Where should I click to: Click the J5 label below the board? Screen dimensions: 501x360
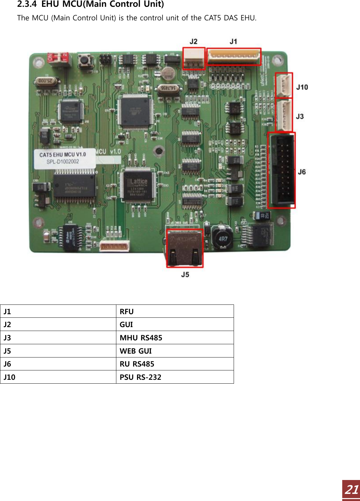click(x=185, y=275)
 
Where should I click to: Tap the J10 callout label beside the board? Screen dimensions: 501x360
click(x=302, y=87)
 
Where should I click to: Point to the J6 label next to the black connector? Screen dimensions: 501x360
click(x=302, y=172)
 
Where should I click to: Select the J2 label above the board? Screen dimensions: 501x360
click(x=193, y=41)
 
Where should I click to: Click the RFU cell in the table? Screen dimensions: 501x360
click(x=175, y=312)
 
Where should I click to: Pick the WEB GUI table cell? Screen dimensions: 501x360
click(x=175, y=351)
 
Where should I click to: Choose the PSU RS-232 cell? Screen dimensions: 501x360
click(x=175, y=377)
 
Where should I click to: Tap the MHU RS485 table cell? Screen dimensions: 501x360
click(x=175, y=338)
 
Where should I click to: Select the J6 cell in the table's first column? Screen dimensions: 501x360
click(x=58, y=364)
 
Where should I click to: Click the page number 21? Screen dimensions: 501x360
click(x=352, y=490)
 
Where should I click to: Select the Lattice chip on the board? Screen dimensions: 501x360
click(x=138, y=185)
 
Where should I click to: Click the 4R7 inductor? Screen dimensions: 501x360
click(x=223, y=239)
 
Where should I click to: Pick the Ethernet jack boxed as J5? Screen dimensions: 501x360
click(x=185, y=248)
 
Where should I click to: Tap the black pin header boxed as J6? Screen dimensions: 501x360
click(x=282, y=170)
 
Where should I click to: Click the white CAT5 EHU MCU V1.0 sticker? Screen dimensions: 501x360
click(x=65, y=158)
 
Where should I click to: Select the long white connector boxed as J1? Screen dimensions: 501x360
click(x=234, y=57)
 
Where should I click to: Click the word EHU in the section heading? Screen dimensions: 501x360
click(x=50, y=4)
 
